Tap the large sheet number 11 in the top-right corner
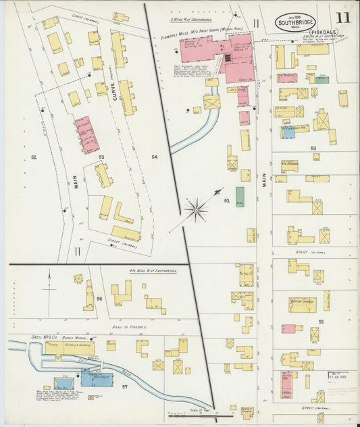(x=343, y=18)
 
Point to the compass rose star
(x=197, y=209)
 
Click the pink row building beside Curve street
(x=86, y=134)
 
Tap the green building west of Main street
(x=240, y=197)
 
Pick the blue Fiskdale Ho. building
(x=288, y=132)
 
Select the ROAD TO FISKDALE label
(x=122, y=326)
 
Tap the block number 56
(x=99, y=298)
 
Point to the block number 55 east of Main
(x=322, y=322)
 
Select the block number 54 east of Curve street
(x=154, y=157)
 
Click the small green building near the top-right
(x=322, y=80)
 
